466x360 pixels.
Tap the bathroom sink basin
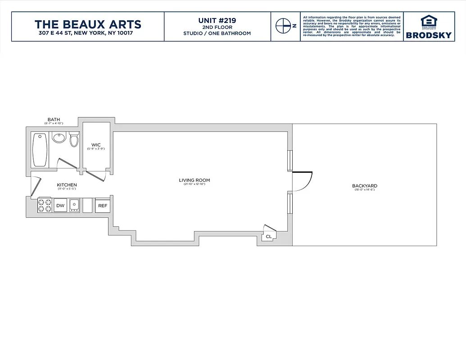(59, 137)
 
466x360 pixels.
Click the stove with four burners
(45, 206)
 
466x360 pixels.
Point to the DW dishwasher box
(60, 206)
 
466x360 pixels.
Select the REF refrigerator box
(103, 206)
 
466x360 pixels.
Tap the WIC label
(95, 145)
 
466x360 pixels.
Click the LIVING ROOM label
(194, 180)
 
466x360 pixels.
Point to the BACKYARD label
(364, 186)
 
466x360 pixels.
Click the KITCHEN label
(67, 185)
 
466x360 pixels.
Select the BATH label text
(54, 120)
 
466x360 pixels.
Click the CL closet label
(269, 236)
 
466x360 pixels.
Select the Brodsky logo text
(429, 35)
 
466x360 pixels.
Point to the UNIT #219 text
(217, 20)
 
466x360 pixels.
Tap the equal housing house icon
(429, 21)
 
